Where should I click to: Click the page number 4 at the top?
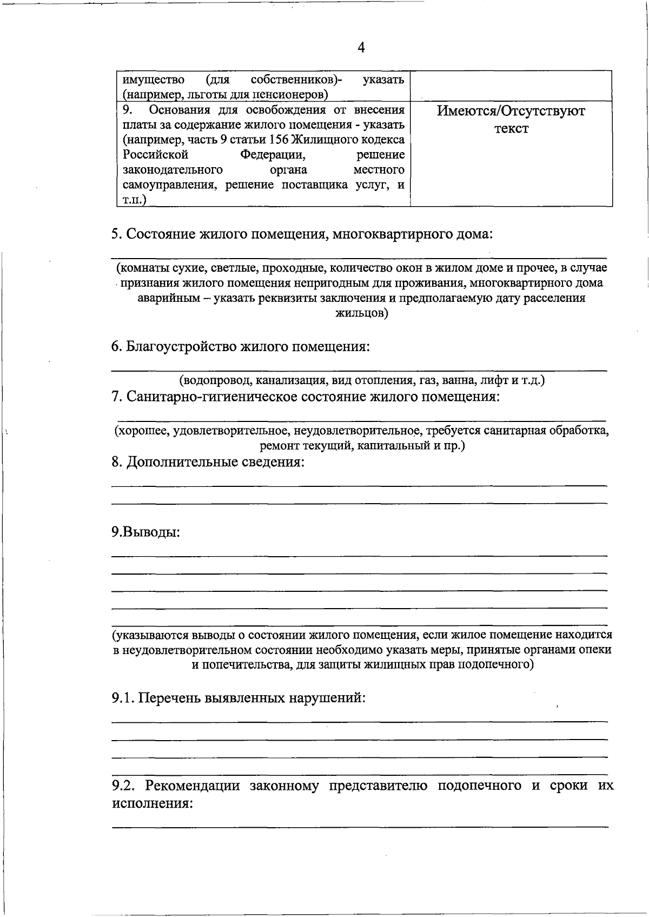pyautogui.click(x=361, y=48)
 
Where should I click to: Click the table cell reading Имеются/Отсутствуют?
pyautogui.click(x=511, y=111)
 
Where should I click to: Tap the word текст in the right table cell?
pyautogui.click(x=511, y=129)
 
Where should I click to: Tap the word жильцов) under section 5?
pyautogui.click(x=361, y=313)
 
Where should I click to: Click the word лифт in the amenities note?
pyautogui.click(x=495, y=380)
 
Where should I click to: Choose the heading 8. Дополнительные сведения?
pyautogui.click(x=208, y=463)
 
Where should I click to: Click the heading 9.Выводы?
pyautogui.click(x=145, y=532)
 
